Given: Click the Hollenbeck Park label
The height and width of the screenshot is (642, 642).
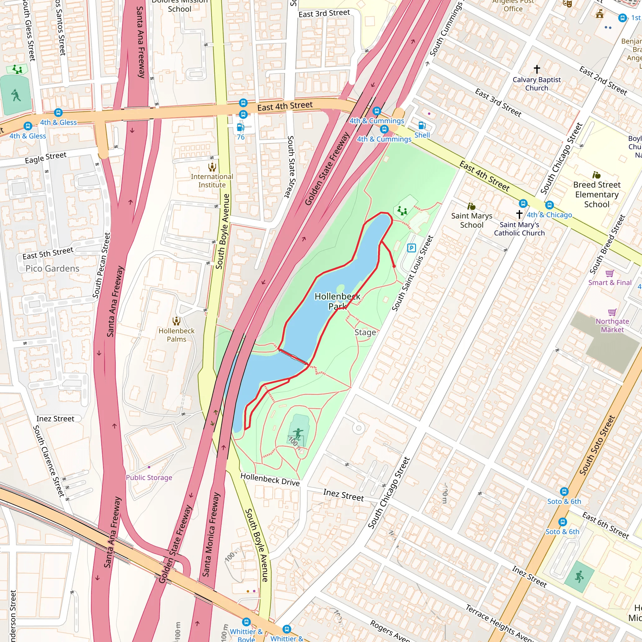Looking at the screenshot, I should tap(337, 301).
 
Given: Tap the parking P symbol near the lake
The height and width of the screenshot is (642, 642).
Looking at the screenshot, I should tap(411, 248).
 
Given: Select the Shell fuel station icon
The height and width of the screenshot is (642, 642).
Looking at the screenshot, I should tap(422, 126).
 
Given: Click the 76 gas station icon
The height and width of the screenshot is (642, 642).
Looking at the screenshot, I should tap(240, 128).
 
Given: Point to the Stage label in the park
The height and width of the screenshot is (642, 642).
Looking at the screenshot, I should tap(365, 332).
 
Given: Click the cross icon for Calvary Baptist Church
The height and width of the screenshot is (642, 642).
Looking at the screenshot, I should tap(537, 69).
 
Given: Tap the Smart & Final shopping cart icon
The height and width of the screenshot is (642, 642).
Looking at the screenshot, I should tap(609, 273).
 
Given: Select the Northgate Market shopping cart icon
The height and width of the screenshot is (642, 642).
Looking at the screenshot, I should tap(612, 312).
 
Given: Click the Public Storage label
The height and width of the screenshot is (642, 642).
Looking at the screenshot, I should tap(149, 477).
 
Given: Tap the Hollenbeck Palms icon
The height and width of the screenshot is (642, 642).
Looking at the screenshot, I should tap(176, 321).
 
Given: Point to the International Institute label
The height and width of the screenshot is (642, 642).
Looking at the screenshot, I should tap(212, 181).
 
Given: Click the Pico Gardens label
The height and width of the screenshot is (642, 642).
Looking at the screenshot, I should tap(52, 269).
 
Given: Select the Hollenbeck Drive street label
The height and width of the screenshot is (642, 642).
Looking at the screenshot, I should tap(270, 480).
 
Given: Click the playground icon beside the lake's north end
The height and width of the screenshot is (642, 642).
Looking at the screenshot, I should tap(402, 211).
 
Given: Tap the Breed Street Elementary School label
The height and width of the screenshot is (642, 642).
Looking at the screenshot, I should tap(597, 194).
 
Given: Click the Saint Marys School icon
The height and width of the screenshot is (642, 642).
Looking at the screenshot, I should tap(471, 206).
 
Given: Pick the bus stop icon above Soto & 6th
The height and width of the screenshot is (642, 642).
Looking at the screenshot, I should tap(564, 491).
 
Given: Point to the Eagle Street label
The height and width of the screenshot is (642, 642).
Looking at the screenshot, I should tap(45, 158).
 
